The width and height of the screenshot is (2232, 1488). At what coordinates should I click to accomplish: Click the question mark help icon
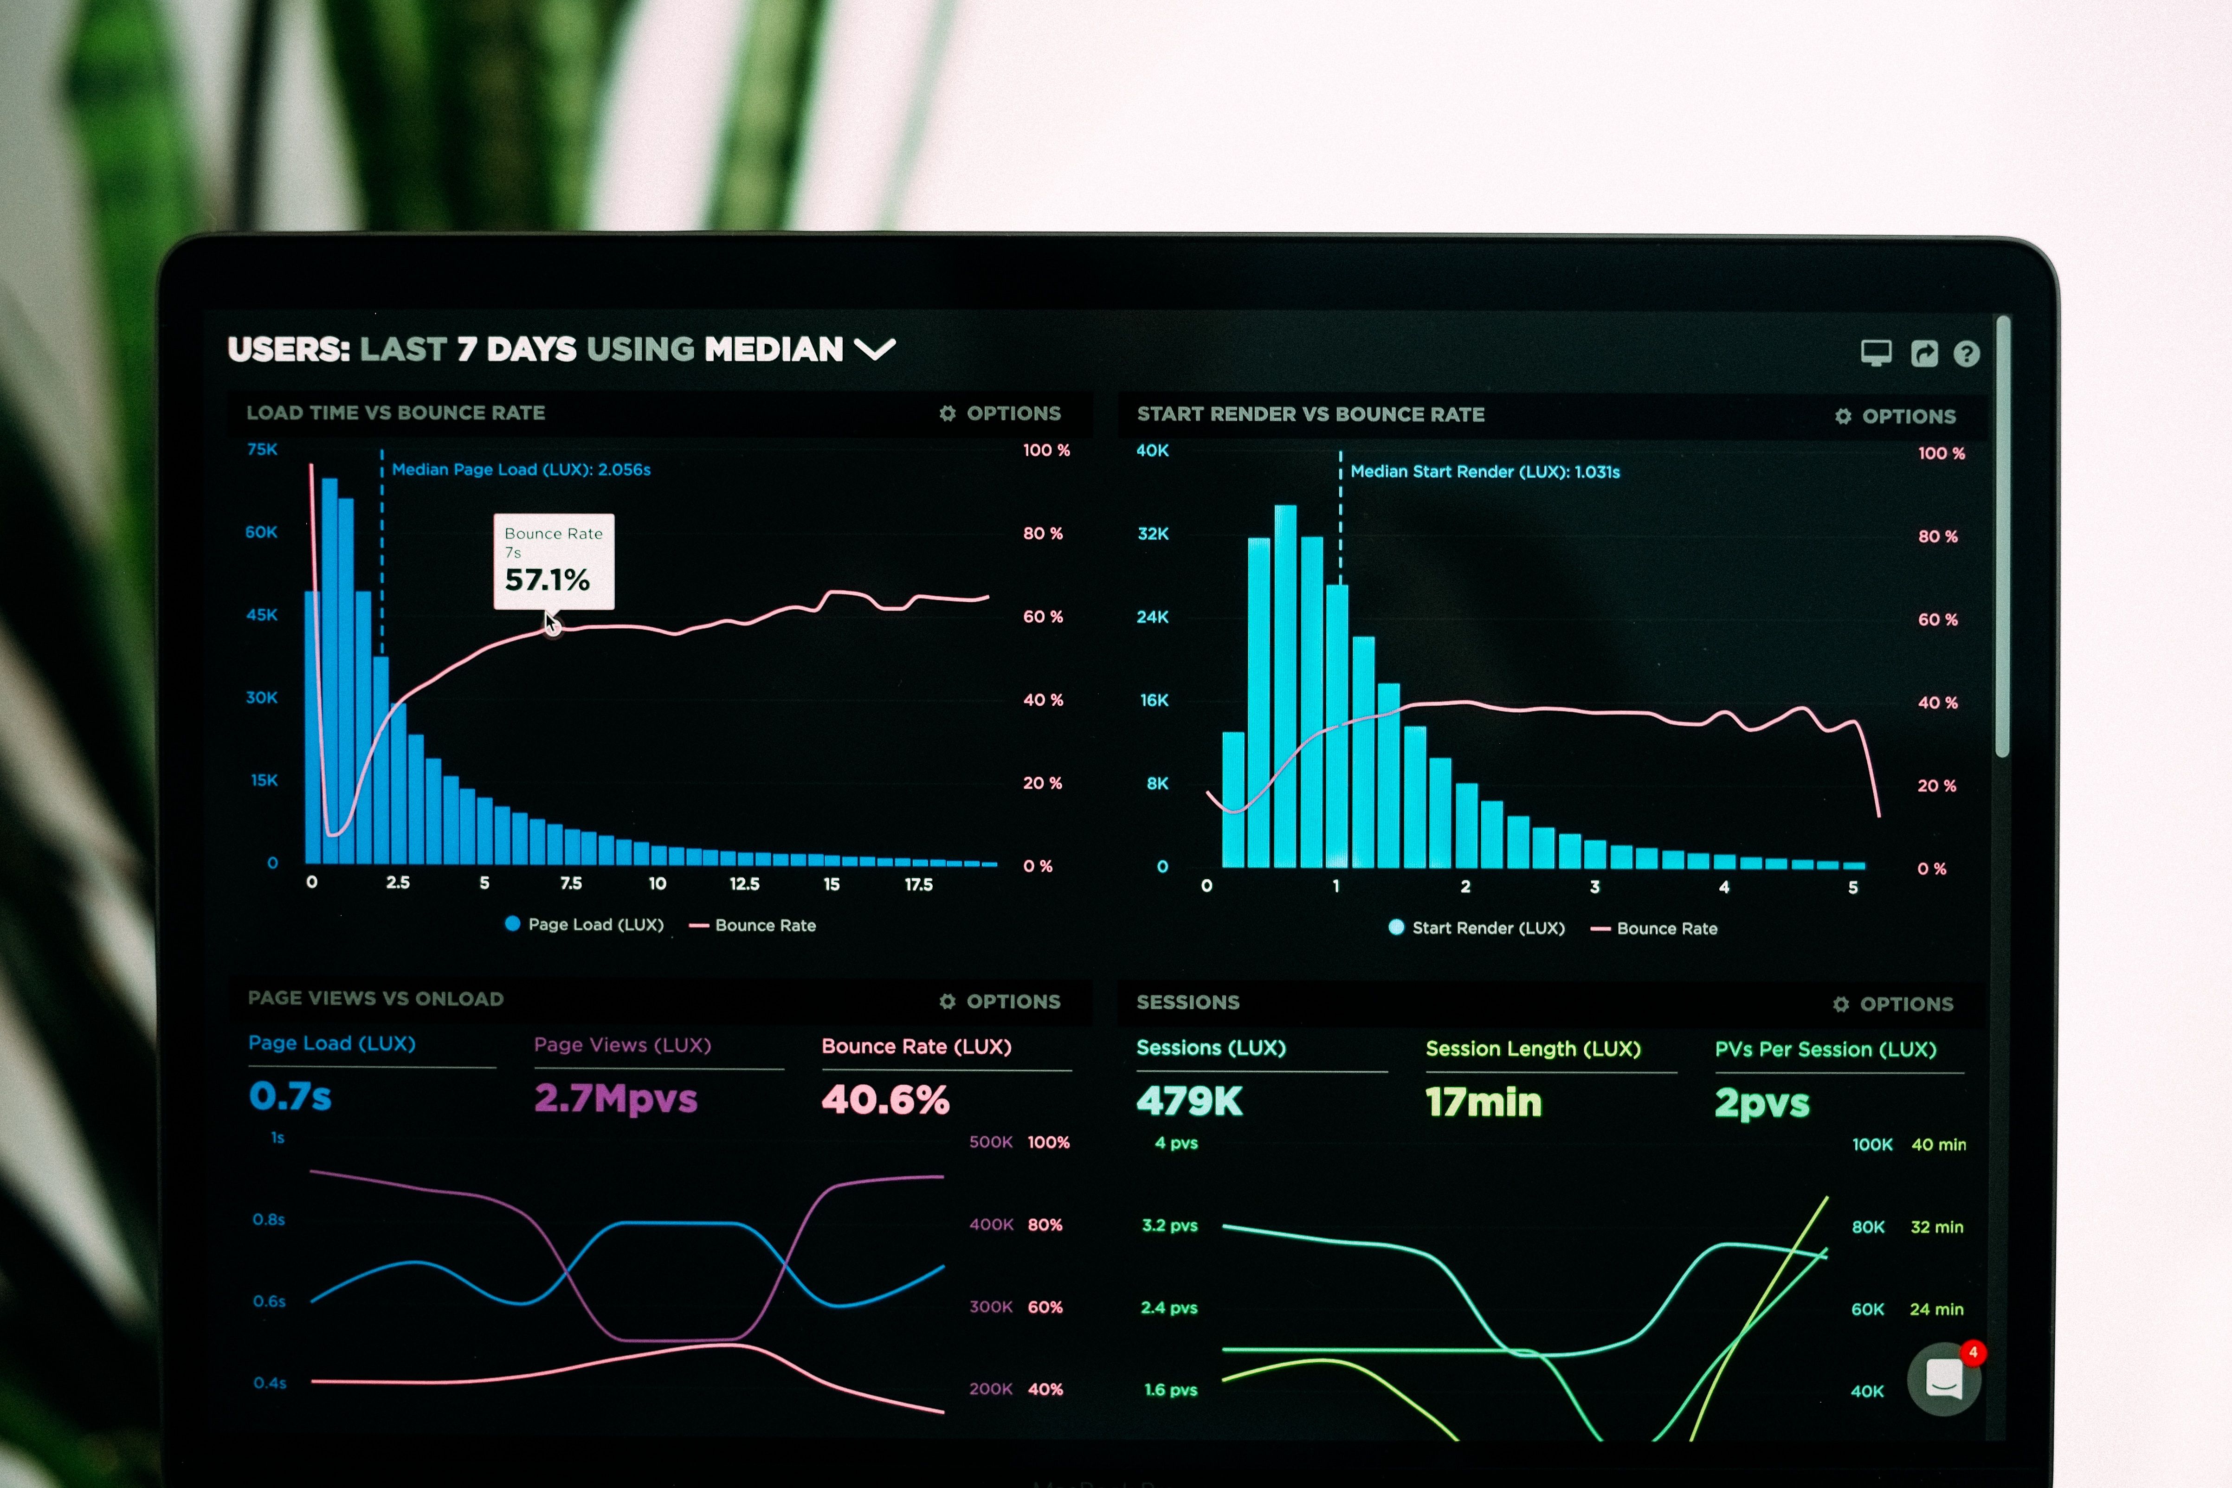coord(1966,354)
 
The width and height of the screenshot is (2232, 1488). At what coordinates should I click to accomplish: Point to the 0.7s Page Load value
coord(290,1096)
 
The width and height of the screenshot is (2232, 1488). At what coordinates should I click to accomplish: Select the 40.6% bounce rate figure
coord(884,1100)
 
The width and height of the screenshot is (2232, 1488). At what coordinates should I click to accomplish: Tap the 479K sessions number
coord(1189,1101)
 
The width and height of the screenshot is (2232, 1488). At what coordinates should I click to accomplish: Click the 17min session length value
coord(1483,1102)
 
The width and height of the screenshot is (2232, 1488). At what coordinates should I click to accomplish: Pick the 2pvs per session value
coord(1761,1103)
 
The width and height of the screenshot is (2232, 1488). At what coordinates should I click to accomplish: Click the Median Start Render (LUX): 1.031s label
coord(1484,472)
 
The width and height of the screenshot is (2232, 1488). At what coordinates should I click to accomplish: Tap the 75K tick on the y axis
coord(262,449)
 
